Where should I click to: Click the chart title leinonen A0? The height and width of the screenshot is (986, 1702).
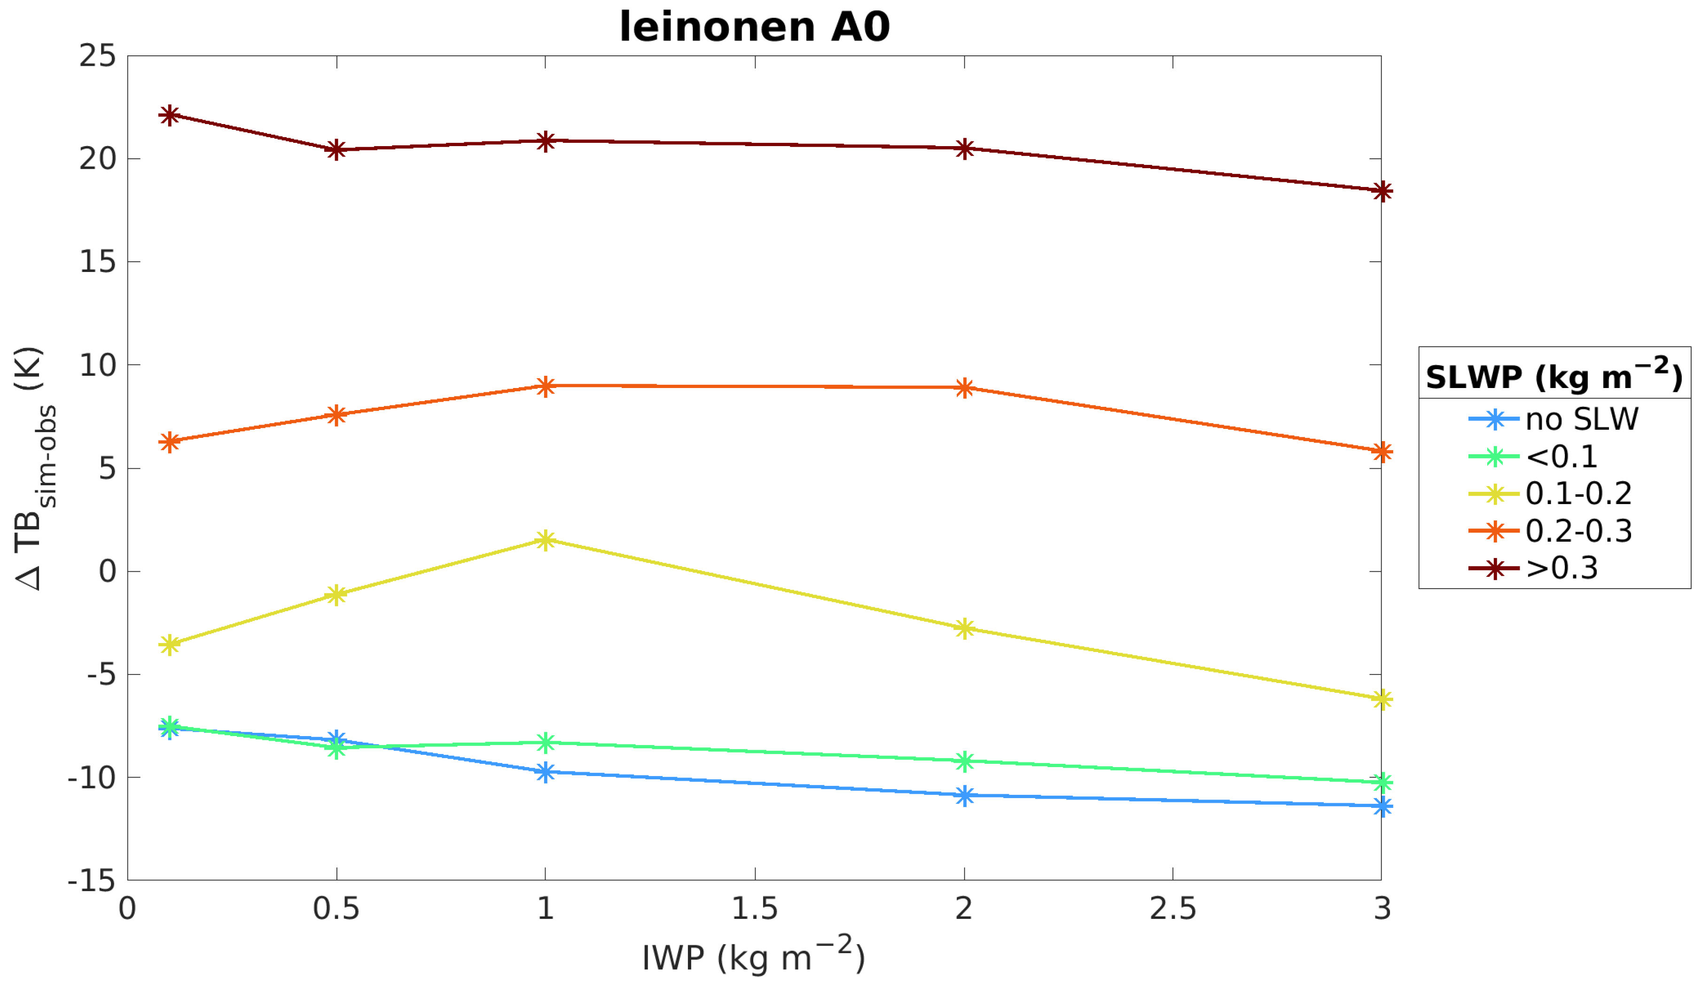click(754, 27)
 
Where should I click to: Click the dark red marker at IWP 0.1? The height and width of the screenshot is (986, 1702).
click(170, 116)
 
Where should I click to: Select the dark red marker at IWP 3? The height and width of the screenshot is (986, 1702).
click(1382, 191)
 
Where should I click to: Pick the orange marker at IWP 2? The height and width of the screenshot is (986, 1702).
click(964, 388)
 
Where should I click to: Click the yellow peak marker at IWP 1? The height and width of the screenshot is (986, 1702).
click(546, 540)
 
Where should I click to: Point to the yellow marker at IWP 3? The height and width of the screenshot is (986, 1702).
click(1382, 699)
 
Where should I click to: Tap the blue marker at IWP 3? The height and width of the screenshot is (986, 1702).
click(1382, 807)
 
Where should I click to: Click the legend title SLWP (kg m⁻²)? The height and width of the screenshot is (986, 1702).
click(1554, 375)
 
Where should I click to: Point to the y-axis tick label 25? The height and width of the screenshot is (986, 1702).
click(97, 56)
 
